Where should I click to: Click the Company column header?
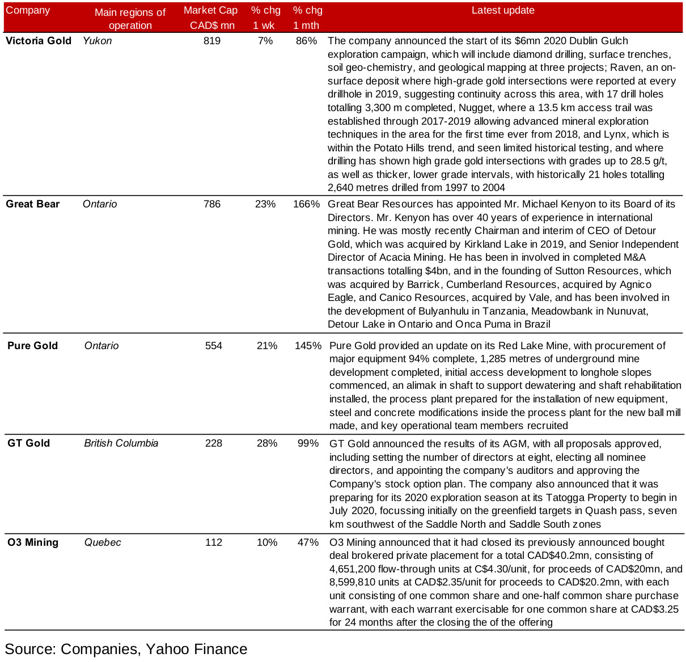[28, 11]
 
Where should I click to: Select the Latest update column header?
[503, 11]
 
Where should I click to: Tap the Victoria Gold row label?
[39, 41]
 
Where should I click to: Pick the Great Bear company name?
[33, 204]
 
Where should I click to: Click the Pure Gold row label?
[33, 346]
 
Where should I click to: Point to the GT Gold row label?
[29, 443]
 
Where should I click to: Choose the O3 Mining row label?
[33, 542]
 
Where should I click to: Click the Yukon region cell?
[98, 41]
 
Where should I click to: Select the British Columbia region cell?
[121, 443]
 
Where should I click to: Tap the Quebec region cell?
[103, 542]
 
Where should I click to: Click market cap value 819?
[212, 41]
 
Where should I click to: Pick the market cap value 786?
[212, 204]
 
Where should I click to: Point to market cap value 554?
[214, 346]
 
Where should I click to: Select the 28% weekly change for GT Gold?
[267, 443]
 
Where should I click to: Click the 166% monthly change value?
[307, 204]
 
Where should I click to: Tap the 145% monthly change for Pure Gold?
[308, 346]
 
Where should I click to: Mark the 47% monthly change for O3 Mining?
[308, 542]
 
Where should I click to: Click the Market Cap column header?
[211, 18]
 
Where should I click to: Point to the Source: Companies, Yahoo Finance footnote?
[126, 649]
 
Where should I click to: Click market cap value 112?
[214, 542]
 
